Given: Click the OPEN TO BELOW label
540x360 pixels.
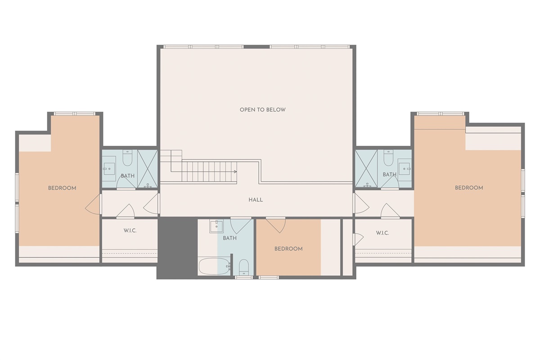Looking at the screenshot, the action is pyautogui.click(x=262, y=110).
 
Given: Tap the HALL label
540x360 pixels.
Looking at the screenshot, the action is pyautogui.click(x=256, y=200).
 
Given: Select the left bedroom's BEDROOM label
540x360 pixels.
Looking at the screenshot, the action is pyautogui.click(x=62, y=188).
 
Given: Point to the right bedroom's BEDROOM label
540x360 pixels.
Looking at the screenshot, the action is pyautogui.click(x=469, y=188).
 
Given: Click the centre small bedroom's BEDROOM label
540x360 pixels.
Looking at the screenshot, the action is pyautogui.click(x=288, y=249).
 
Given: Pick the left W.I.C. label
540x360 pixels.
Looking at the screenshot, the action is pyautogui.click(x=130, y=230).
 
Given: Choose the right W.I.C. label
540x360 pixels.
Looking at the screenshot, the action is pyautogui.click(x=382, y=233).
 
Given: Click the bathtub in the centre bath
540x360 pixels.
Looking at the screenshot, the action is pyautogui.click(x=214, y=266).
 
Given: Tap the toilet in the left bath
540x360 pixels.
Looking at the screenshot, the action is pyautogui.click(x=127, y=157).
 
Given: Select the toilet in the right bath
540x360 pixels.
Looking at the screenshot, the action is pyautogui.click(x=388, y=157).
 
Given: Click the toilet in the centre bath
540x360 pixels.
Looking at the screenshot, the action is pyautogui.click(x=243, y=267).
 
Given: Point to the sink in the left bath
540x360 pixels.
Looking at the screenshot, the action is pyautogui.click(x=109, y=169).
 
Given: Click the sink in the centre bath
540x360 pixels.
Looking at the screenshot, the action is pyautogui.click(x=216, y=226).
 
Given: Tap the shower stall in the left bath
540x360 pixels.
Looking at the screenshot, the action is pyautogui.click(x=147, y=169).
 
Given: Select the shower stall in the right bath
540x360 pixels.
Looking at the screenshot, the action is pyautogui.click(x=366, y=169).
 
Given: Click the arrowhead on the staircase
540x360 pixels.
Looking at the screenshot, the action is pyautogui.click(x=235, y=172).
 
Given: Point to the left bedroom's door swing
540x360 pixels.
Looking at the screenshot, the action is pyautogui.click(x=93, y=204).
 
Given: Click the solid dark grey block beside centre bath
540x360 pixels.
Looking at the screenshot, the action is pyautogui.click(x=177, y=248).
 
